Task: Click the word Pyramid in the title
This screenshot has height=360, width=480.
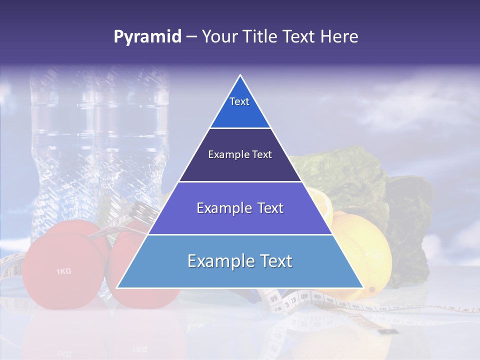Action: (x=147, y=37)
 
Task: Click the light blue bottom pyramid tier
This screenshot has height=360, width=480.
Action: (x=240, y=272)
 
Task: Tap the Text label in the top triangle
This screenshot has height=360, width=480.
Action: (x=239, y=101)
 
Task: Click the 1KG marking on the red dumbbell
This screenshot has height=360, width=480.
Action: (x=63, y=271)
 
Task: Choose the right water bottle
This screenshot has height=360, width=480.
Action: (x=132, y=145)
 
